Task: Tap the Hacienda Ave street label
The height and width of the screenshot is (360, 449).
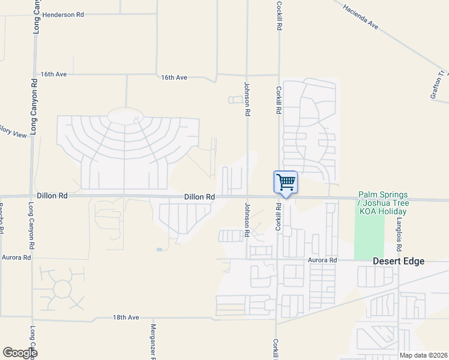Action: pyautogui.click(x=361, y=17)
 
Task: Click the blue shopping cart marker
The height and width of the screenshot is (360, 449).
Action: pyautogui.click(x=286, y=182)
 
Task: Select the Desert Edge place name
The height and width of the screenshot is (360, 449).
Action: pyautogui.click(x=399, y=261)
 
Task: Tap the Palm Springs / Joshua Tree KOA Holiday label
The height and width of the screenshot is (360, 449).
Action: pyautogui.click(x=383, y=203)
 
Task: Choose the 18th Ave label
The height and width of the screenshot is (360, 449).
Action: pyautogui.click(x=126, y=317)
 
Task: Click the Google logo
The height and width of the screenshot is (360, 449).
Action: pyautogui.click(x=20, y=353)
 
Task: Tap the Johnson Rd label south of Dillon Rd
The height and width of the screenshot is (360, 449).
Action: pyautogui.click(x=246, y=219)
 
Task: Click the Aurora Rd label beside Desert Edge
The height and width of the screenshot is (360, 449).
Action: pyautogui.click(x=323, y=260)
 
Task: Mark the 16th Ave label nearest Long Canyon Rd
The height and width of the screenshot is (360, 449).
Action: pyautogui.click(x=53, y=74)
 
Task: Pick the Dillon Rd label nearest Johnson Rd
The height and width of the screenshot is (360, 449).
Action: pyautogui.click(x=199, y=197)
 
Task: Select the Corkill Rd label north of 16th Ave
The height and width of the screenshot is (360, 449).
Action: pyautogui.click(x=279, y=16)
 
